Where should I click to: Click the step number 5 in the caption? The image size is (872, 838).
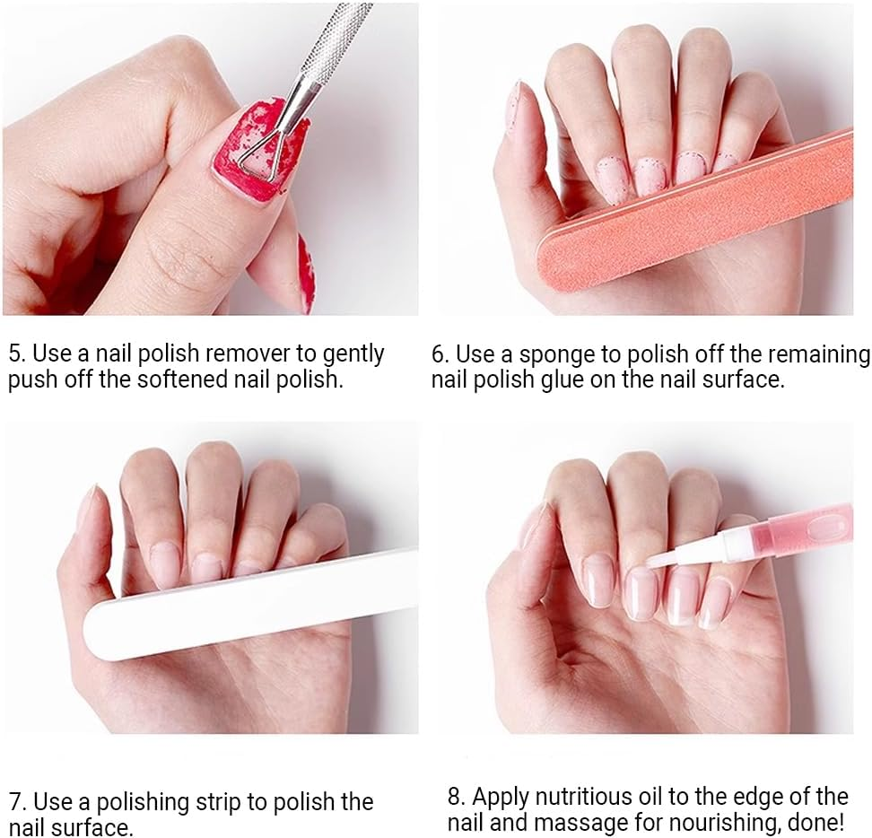[15, 354]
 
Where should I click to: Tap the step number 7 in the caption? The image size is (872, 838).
[15, 801]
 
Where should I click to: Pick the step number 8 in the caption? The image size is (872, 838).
[455, 796]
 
